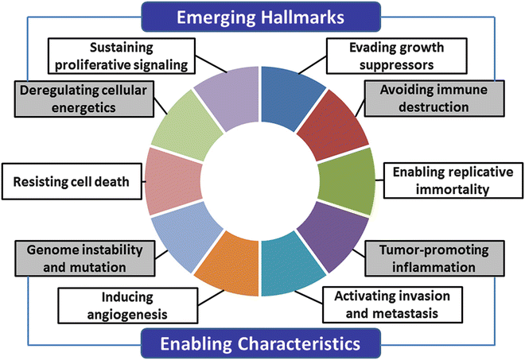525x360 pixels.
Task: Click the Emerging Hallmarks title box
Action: (x=261, y=15)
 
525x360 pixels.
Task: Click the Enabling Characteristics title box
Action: (x=261, y=344)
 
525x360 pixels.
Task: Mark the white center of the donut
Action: (x=261, y=181)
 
